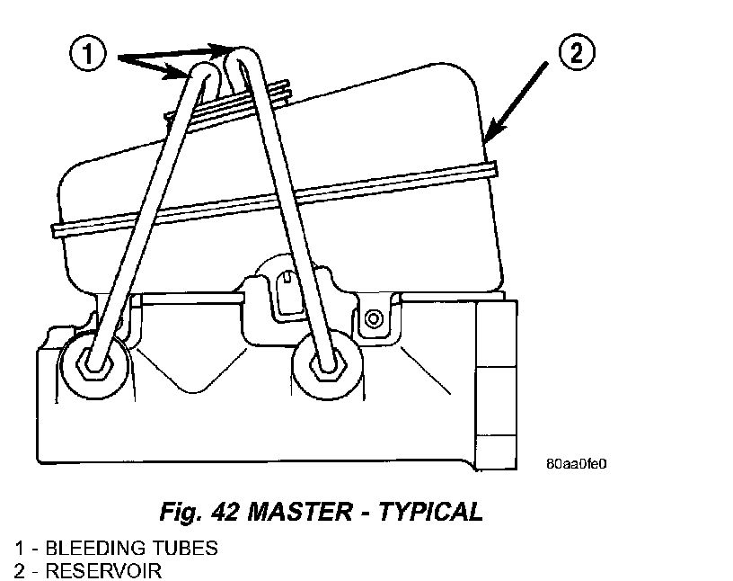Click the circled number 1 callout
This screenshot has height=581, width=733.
point(87,57)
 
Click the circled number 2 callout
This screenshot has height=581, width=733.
point(576,53)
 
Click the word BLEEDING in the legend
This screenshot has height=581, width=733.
point(86,547)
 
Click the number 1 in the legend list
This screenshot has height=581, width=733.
point(19,547)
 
